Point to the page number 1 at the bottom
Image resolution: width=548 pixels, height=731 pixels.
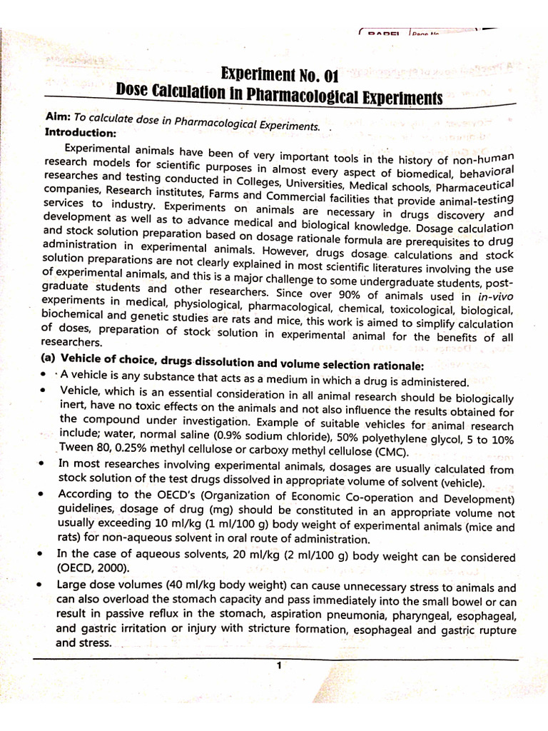pos(279,665)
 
